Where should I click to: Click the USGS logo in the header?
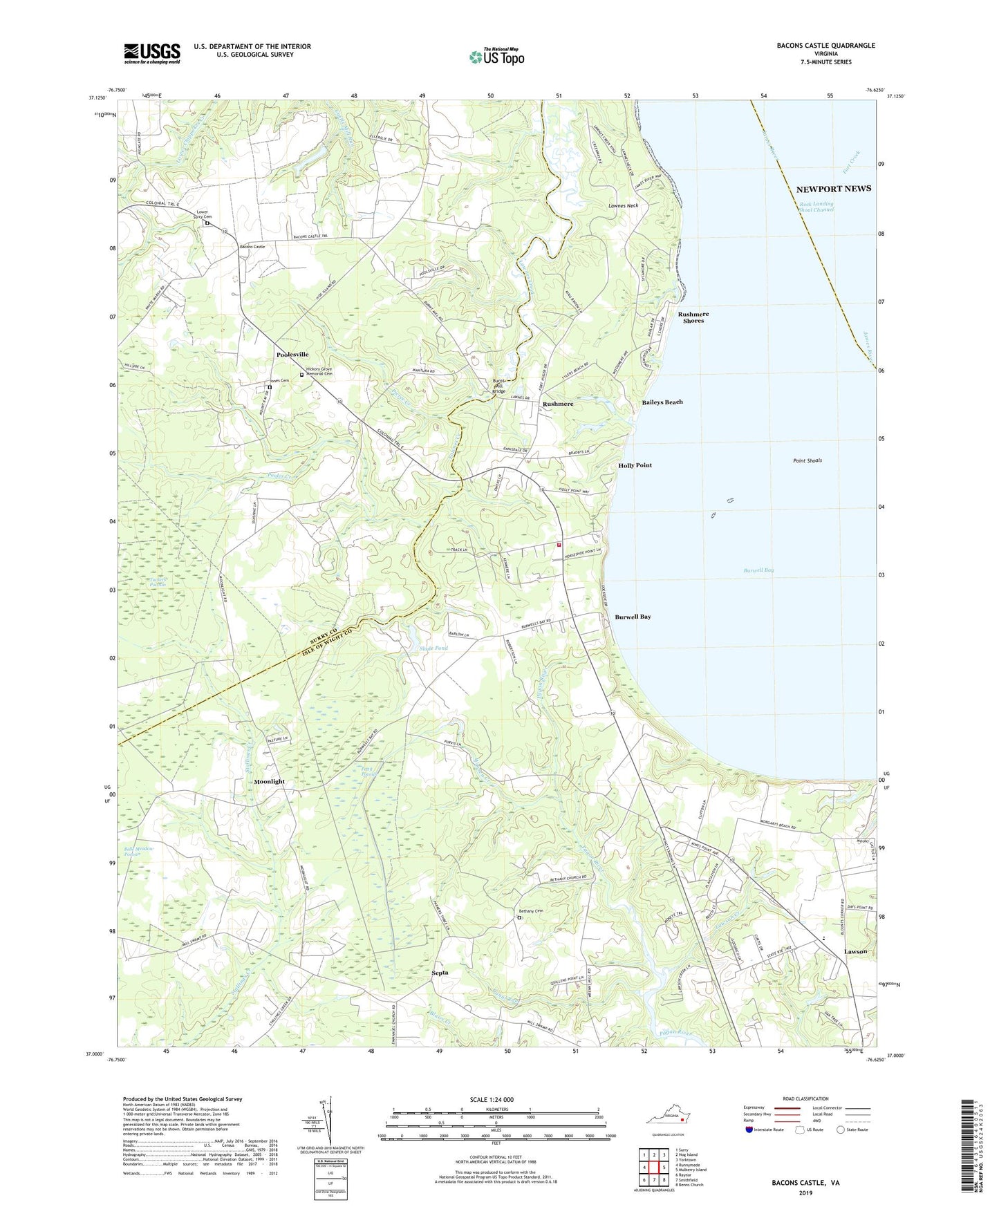(x=152, y=53)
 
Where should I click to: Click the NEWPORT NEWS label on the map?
(x=833, y=189)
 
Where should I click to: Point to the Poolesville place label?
(x=292, y=354)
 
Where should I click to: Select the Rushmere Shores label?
(x=693, y=317)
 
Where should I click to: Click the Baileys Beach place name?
(x=662, y=402)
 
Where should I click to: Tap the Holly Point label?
(x=635, y=465)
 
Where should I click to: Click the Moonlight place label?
(x=269, y=781)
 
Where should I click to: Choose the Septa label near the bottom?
(x=440, y=973)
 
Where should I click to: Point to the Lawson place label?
(x=855, y=952)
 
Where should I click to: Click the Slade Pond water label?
(x=433, y=648)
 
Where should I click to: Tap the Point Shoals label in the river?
(x=807, y=460)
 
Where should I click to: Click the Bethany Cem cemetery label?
(x=531, y=911)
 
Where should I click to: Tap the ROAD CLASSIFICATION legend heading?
(x=805, y=1098)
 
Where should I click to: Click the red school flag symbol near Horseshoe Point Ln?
(x=559, y=545)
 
